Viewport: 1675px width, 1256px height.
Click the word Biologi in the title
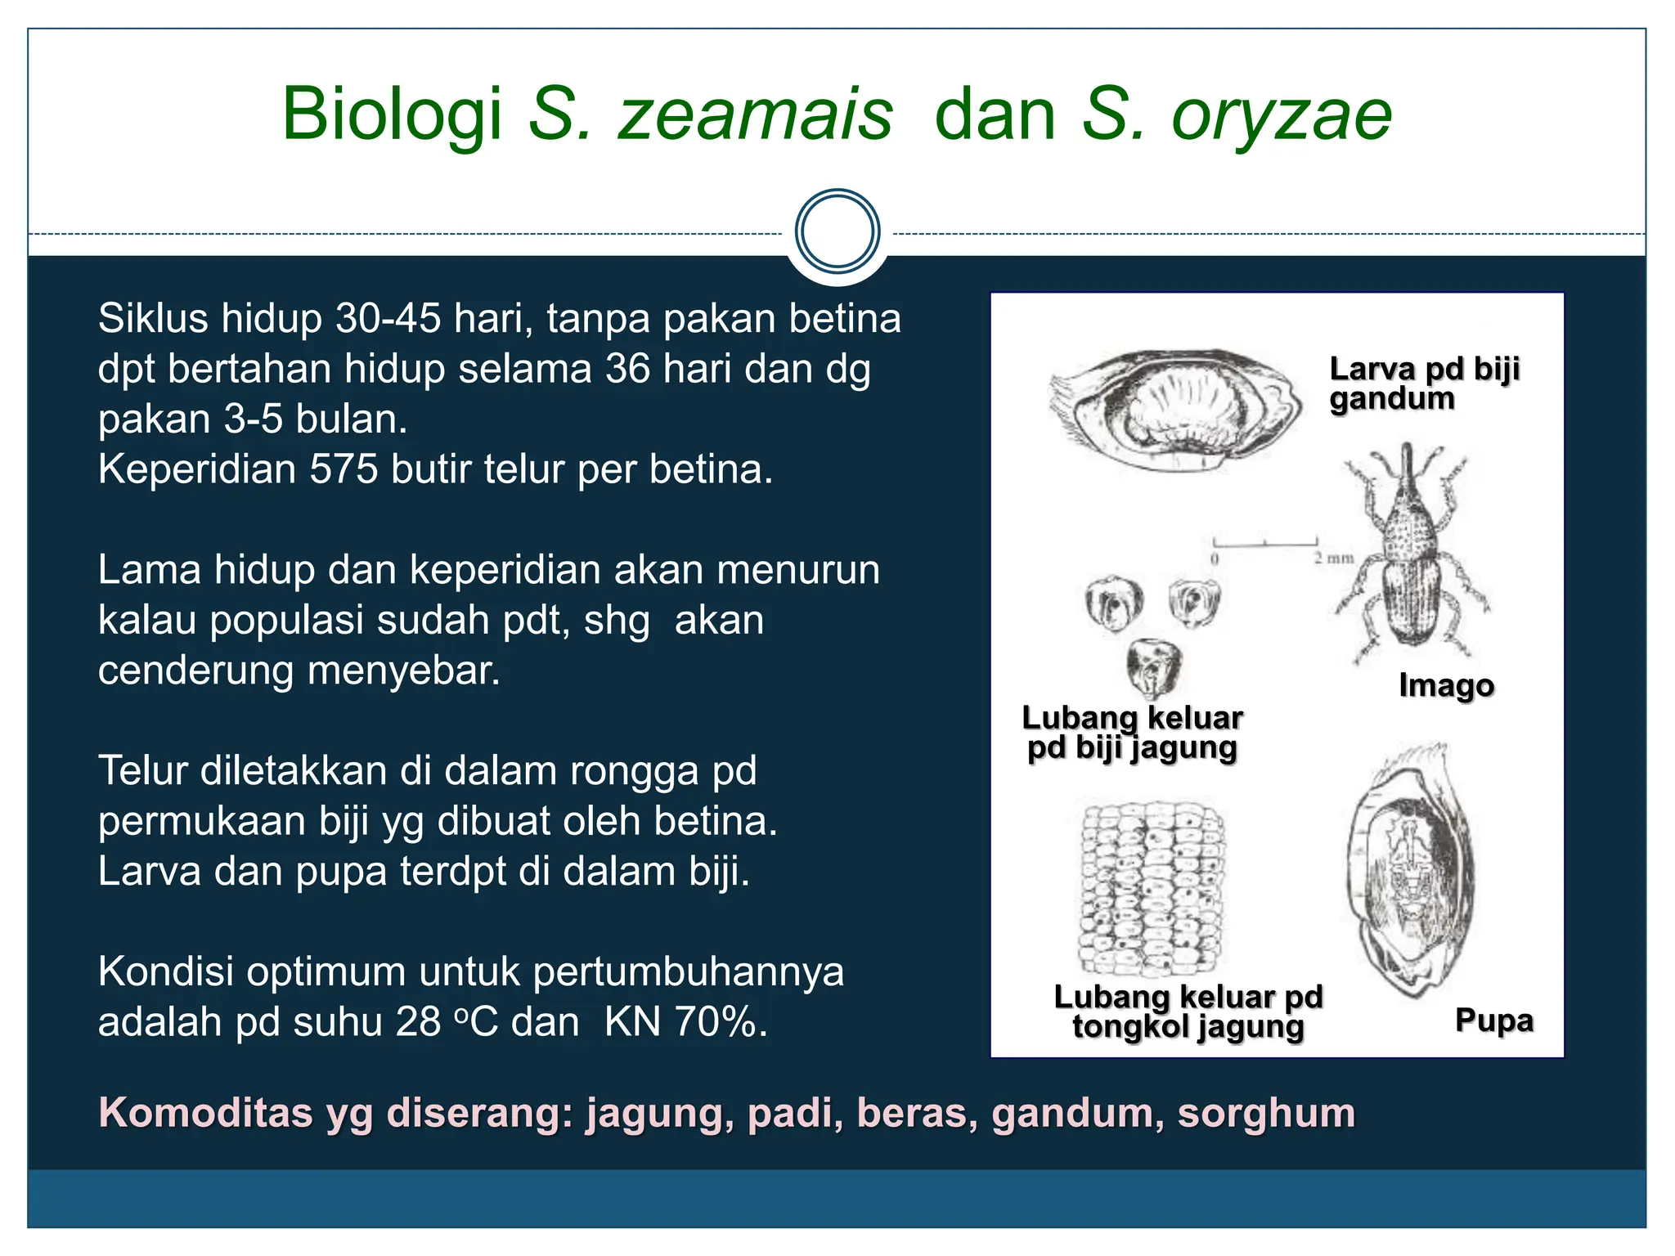(391, 116)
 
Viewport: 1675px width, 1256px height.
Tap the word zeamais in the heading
(754, 116)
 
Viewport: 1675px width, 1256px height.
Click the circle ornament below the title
(837, 231)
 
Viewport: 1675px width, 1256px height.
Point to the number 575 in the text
(343, 470)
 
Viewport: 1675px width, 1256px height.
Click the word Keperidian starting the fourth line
(196, 470)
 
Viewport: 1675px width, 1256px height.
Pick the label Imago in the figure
(1446, 685)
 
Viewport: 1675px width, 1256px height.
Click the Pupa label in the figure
(1493, 1020)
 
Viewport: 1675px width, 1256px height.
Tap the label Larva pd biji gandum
(1423, 384)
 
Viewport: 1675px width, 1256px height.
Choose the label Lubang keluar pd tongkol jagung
(1188, 1012)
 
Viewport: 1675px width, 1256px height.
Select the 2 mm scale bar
(1265, 543)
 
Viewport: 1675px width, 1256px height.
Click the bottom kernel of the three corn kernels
(1153, 666)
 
